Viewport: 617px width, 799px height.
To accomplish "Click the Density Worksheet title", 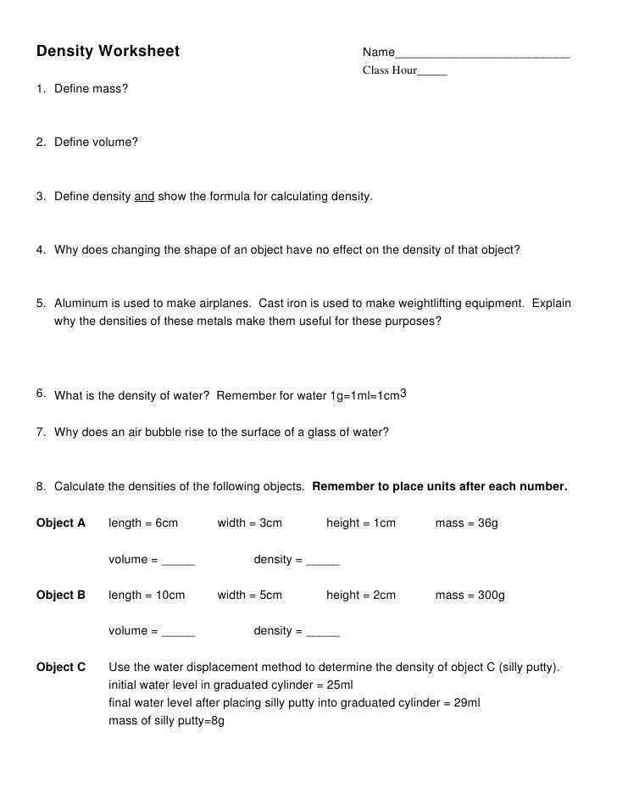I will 108,52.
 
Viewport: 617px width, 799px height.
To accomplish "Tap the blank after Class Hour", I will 432,72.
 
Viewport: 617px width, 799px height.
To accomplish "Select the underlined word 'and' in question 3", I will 144,197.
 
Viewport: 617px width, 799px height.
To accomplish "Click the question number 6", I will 41,393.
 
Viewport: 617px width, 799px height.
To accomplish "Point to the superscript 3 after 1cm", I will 403,393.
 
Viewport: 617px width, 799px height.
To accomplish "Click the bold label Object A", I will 61,523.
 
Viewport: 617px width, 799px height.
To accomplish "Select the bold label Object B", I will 61,595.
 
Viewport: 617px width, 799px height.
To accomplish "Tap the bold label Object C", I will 61,668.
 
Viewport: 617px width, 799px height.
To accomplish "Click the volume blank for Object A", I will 178,562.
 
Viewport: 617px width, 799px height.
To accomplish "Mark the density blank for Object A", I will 322,562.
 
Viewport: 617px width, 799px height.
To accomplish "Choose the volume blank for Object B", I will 178,633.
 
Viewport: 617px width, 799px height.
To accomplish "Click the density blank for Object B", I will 322,633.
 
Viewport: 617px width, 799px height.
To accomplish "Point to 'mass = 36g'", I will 466,523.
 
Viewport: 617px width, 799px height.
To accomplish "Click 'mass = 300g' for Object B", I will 470,595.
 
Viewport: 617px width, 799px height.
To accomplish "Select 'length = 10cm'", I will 147,595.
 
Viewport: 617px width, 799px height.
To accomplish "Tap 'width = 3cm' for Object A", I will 249,523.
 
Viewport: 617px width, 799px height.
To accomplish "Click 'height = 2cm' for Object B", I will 361,595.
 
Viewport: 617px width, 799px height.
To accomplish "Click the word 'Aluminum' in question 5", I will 81,304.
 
